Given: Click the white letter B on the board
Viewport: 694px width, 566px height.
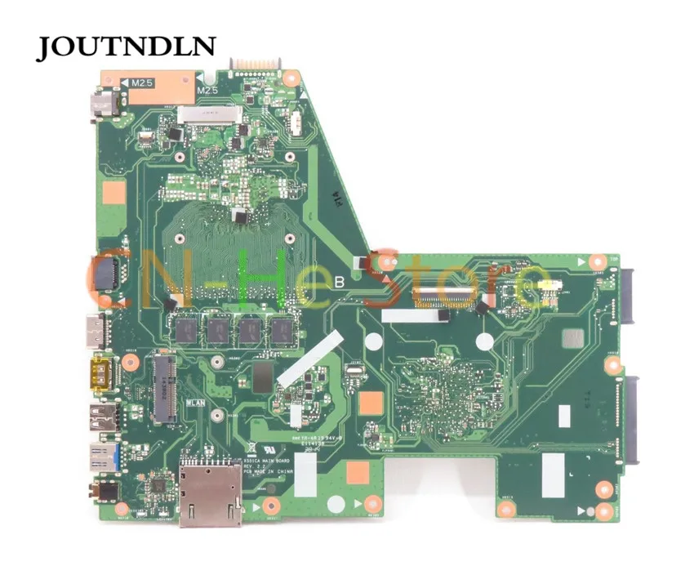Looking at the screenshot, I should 339,283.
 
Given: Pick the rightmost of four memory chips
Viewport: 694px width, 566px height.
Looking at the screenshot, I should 282,329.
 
